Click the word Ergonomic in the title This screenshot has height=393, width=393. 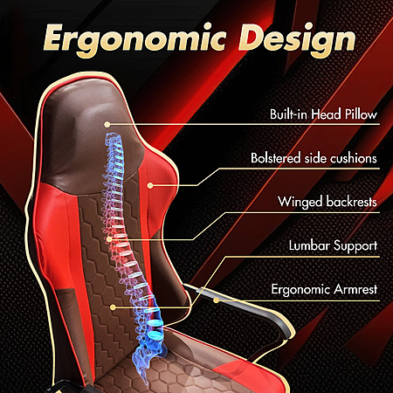pyautogui.click(x=134, y=38)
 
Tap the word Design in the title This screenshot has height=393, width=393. pyautogui.click(x=297, y=40)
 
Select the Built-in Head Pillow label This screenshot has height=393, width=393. pyautogui.click(x=323, y=114)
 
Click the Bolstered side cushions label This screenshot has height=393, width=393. pyautogui.click(x=314, y=158)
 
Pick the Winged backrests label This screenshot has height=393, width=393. pyautogui.click(x=327, y=202)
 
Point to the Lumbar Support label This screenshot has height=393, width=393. pyautogui.click(x=333, y=246)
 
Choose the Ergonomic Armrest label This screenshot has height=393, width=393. pyautogui.click(x=324, y=289)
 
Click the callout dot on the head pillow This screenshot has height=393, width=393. pyautogui.click(x=107, y=124)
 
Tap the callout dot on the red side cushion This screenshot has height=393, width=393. pyautogui.click(x=150, y=185)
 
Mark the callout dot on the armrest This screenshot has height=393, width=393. pyautogui.click(x=216, y=300)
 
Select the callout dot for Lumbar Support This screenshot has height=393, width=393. pyautogui.click(x=114, y=307)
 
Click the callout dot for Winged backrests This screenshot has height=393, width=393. pyautogui.click(x=109, y=239)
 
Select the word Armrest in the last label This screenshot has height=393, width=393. pyautogui.click(x=355, y=289)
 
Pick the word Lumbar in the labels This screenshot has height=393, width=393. pyautogui.click(x=309, y=245)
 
